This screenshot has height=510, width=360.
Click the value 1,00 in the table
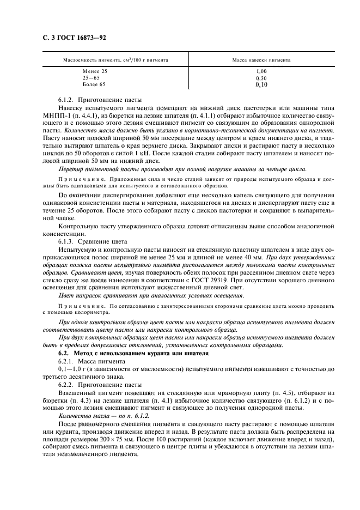pyautogui.click(x=261, y=71)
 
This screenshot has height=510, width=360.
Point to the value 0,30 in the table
pyautogui.click(x=261, y=78)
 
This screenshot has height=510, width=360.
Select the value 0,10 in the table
pyautogui.click(x=261, y=84)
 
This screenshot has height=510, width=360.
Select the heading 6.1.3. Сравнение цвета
pyautogui.click(x=92, y=240)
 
